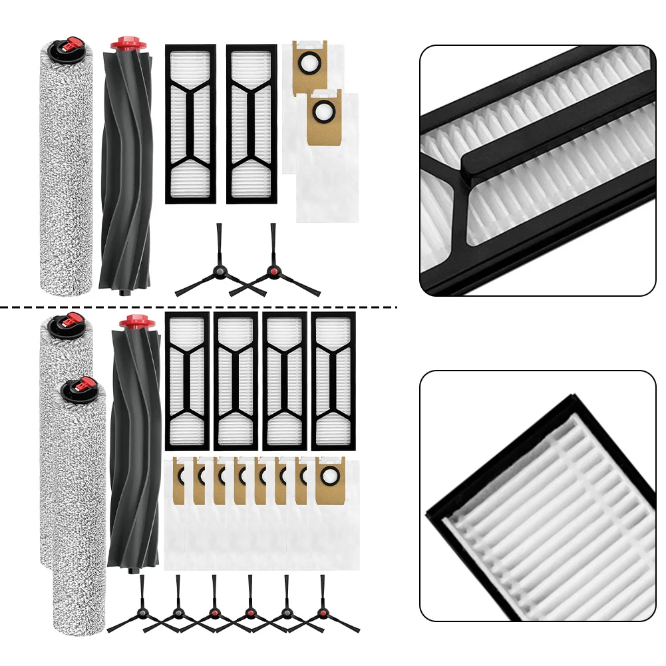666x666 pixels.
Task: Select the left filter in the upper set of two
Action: (191, 124)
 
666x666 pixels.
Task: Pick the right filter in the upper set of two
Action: (251, 124)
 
